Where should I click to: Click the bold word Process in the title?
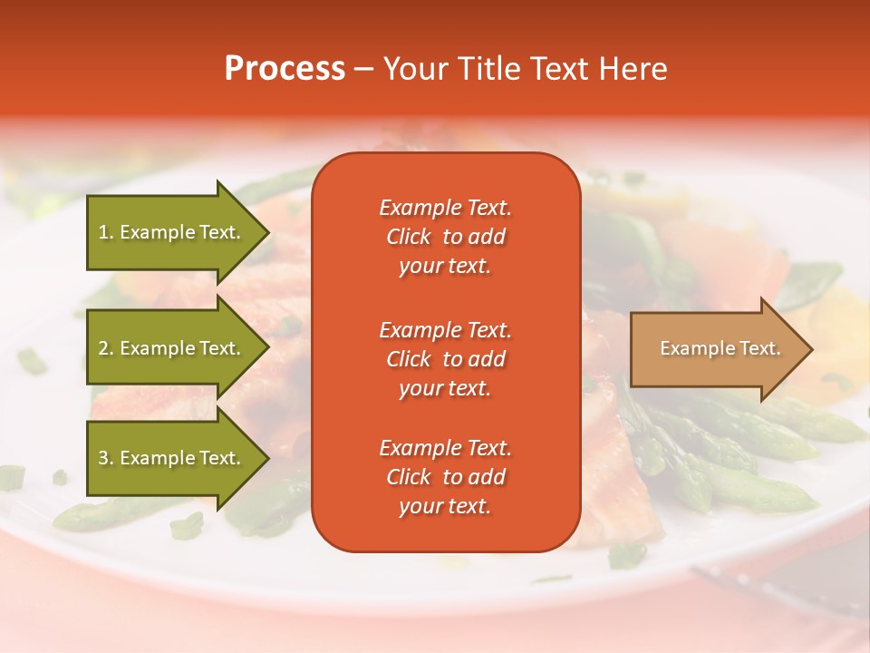coord(285,69)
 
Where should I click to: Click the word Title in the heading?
coord(487,69)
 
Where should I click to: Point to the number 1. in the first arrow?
coord(106,232)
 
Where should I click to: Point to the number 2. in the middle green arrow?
coord(106,348)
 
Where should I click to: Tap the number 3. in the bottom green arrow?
coord(106,458)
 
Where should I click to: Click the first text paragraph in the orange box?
coord(445,237)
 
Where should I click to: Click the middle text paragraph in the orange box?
coord(445,359)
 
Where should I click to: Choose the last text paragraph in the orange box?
coord(445,477)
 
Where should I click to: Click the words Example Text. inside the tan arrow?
coord(720,348)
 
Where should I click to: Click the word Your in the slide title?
coord(416,69)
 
